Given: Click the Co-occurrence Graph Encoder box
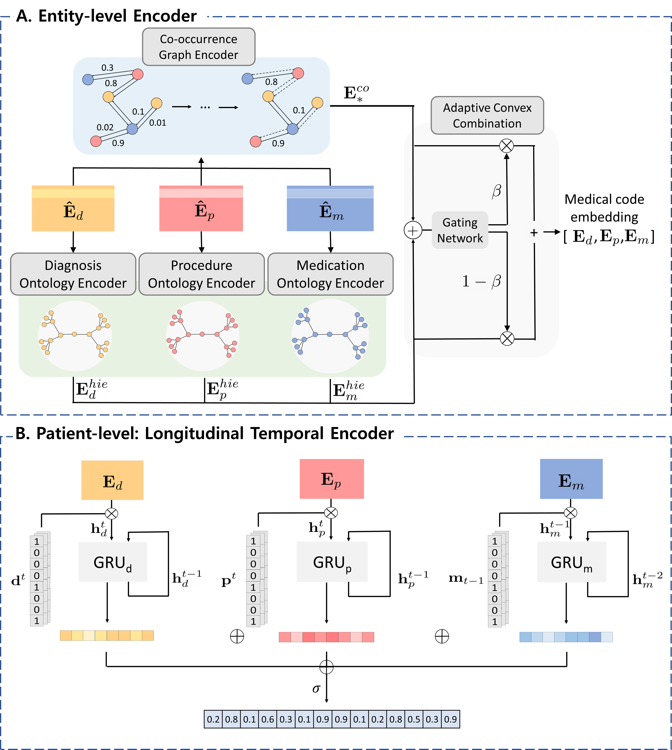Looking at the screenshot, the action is tap(199, 47).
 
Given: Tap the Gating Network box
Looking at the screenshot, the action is tap(460, 230).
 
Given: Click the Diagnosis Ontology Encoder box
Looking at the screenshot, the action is tap(73, 274).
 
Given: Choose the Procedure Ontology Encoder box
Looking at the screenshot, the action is tap(202, 274).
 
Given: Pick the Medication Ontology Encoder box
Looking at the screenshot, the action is tap(330, 274).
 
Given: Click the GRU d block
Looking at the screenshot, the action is tap(113, 562).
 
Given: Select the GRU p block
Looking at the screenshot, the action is tap(332, 562).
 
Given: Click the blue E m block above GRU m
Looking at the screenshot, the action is tap(571, 479).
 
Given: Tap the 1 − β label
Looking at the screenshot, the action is tap(482, 281).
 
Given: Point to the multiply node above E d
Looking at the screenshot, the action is tap(112, 513).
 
